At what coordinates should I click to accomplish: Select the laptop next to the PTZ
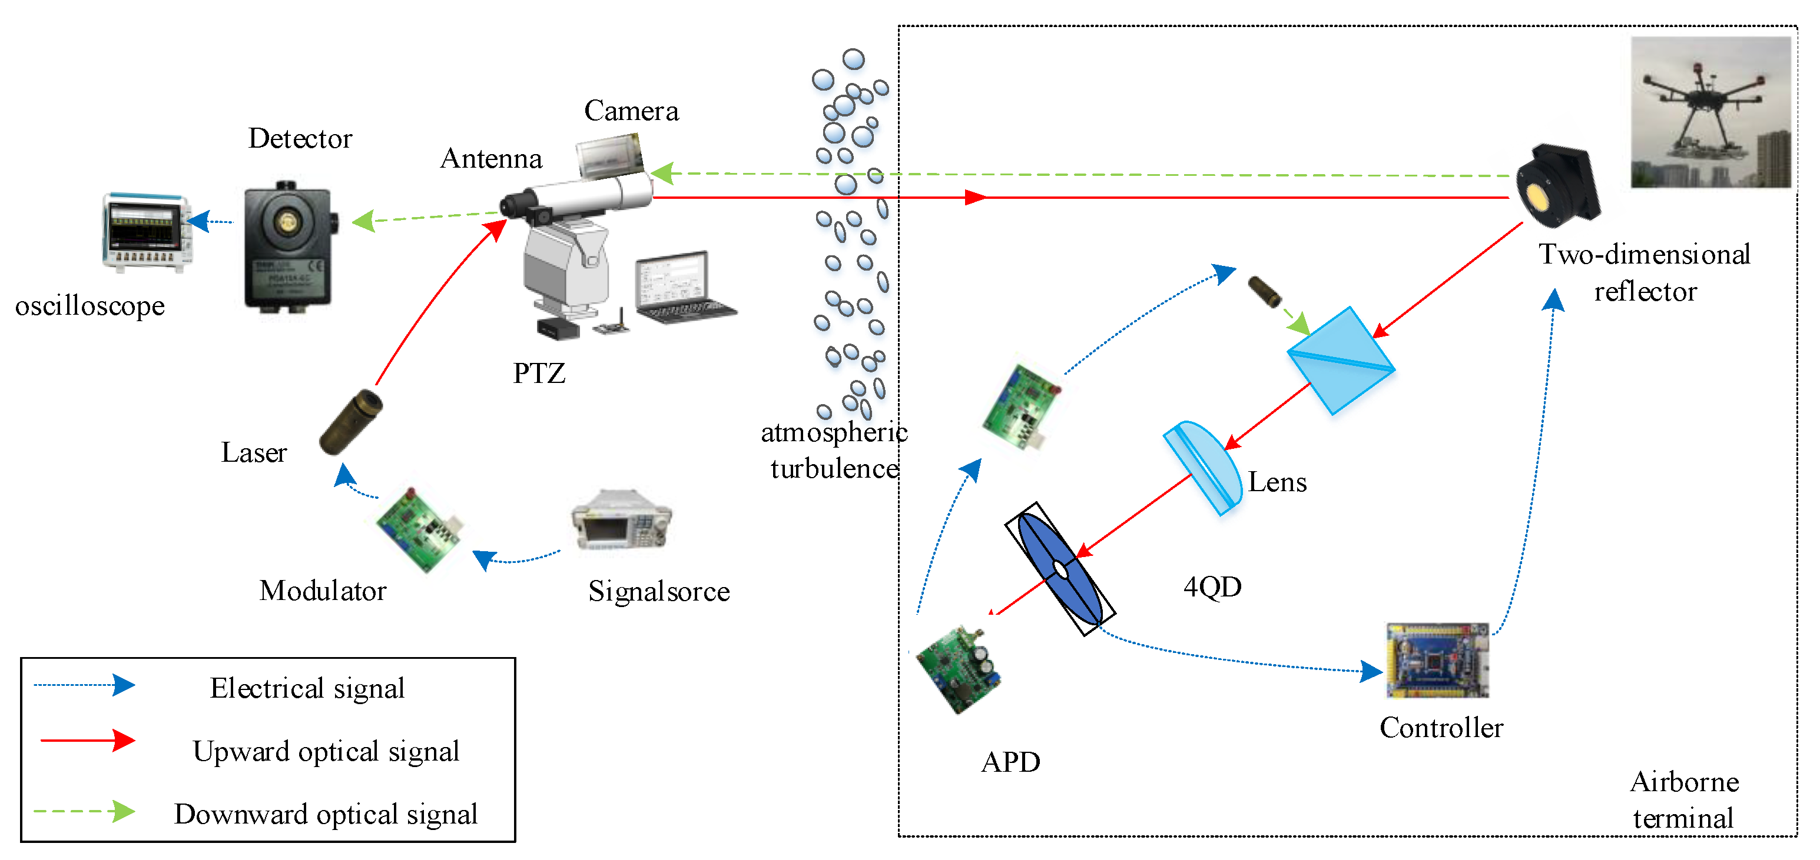682,288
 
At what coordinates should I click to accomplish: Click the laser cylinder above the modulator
351,422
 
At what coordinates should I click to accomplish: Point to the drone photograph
1710,113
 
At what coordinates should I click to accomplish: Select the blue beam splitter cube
1340,361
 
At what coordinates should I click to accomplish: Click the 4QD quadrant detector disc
1060,569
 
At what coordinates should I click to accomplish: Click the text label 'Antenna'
491,159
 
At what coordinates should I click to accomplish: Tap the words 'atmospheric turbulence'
834,451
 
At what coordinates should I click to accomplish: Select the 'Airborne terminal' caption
1683,800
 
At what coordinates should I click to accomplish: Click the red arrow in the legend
88,741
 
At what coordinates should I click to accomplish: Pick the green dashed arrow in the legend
85,812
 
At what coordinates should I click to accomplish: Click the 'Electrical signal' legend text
307,688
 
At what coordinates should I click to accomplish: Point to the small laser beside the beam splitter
1265,292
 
